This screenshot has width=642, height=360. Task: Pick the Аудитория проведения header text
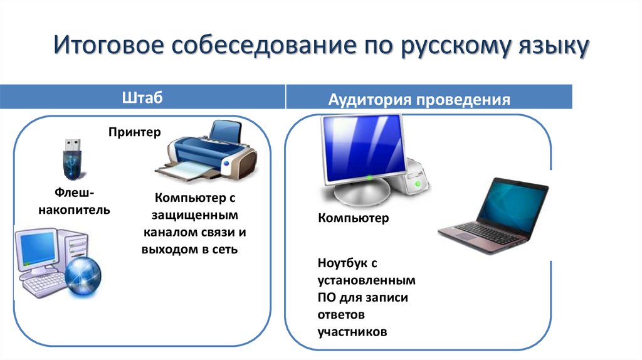(x=419, y=100)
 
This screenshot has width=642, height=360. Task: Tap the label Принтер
(x=134, y=132)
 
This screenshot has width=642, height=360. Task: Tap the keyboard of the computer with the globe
(x=44, y=285)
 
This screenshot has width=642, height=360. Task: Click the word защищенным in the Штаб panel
(x=196, y=215)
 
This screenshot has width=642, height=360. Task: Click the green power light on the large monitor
(x=369, y=178)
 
